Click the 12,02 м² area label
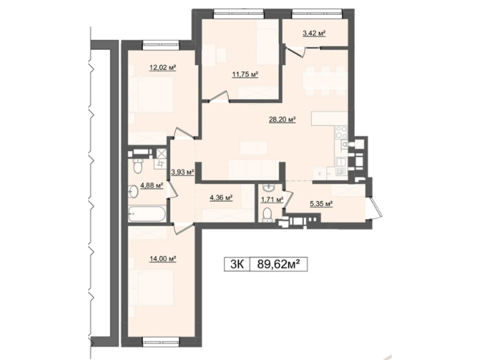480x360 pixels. click(163, 68)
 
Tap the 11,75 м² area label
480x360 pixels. click(245, 74)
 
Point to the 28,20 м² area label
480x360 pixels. click(282, 120)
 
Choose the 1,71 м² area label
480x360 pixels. click(272, 200)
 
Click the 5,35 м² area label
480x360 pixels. click(321, 204)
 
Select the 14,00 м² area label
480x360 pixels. click(163, 259)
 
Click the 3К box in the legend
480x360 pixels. click(237, 265)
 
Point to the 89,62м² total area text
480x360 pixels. click(279, 265)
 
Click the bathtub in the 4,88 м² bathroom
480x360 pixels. click(147, 214)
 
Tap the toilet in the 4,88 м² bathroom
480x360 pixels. click(138, 166)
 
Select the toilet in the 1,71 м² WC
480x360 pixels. click(267, 215)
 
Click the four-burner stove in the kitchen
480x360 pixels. click(341, 132)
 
